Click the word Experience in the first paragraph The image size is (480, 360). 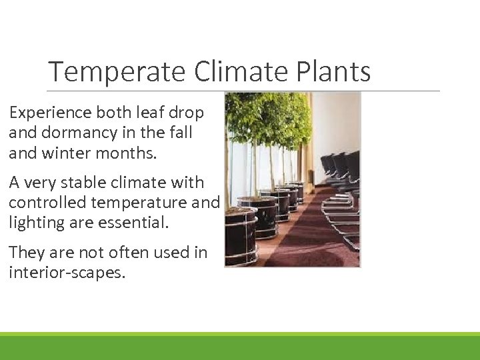(48, 113)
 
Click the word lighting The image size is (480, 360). (35, 223)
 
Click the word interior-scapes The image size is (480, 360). (67, 273)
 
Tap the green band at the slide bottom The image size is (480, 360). (240, 347)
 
